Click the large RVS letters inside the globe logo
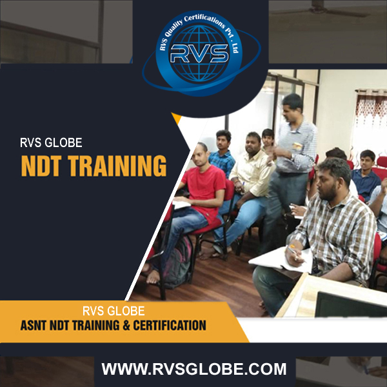tap(199, 54)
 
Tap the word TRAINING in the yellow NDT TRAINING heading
tap(117, 166)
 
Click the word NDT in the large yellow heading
tap(41, 166)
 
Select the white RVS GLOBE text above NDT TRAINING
tap(51, 143)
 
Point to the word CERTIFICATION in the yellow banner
tap(170, 325)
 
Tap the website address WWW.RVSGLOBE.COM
tap(194, 369)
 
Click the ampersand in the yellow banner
tap(126, 325)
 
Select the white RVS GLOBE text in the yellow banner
tap(114, 311)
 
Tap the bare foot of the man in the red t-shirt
tap(153, 277)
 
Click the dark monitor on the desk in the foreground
tap(350, 305)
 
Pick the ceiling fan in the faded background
tap(321, 10)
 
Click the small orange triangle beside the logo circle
tap(177, 118)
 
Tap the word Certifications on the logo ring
tap(204, 20)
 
